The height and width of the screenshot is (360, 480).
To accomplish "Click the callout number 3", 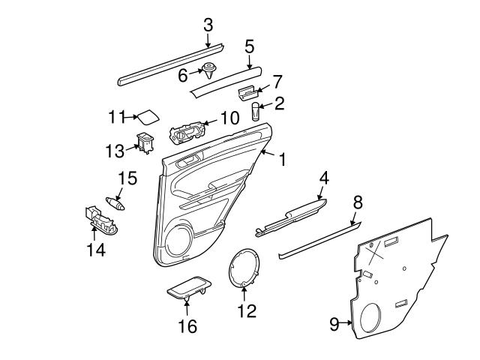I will coord(208,24).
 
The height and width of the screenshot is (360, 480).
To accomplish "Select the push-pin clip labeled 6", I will coord(209,72).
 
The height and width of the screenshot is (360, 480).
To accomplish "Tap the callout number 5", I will coord(250,46).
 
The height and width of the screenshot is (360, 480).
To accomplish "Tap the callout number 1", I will coord(282,160).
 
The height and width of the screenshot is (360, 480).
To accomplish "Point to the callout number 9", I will coord(334,323).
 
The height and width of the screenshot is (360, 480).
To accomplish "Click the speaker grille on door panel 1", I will coord(177,242).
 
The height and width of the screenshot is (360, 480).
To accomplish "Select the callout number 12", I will coord(246,310).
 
